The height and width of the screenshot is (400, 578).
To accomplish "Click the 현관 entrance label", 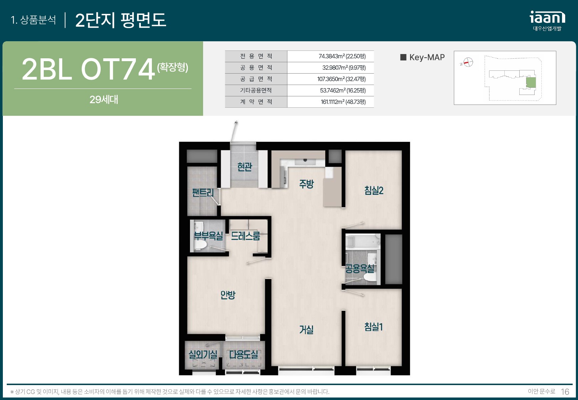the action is (x=245, y=167).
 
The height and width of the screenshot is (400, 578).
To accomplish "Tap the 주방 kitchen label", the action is (x=306, y=184).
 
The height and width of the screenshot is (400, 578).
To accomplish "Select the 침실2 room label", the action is (x=374, y=190).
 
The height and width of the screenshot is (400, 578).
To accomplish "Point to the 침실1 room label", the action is (x=373, y=327).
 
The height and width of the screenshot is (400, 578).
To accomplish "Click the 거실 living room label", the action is (x=306, y=330).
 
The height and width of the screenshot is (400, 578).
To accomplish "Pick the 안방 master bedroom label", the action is (x=228, y=294).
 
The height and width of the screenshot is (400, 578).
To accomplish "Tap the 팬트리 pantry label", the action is (x=203, y=192).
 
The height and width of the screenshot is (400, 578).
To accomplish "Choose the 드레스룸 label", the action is (x=245, y=236).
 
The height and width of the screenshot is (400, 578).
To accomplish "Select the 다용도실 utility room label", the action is (x=244, y=354).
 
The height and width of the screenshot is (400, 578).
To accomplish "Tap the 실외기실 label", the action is (x=203, y=354).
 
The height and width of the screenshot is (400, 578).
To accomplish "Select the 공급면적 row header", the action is (x=256, y=79).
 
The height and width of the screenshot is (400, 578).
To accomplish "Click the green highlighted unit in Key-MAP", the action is (x=531, y=82).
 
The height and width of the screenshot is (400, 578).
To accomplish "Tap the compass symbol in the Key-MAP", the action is (x=468, y=62).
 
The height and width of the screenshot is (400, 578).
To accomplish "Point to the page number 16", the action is (x=565, y=392).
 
